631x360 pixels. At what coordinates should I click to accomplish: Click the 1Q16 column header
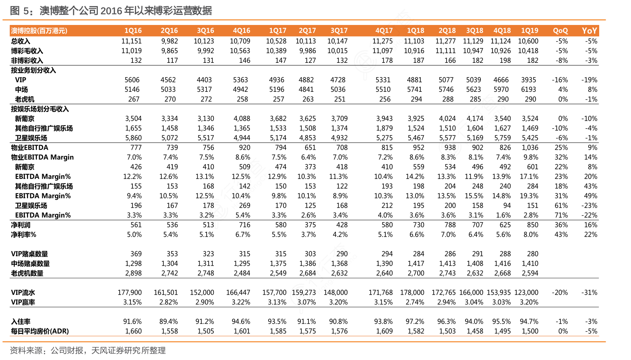click(133, 31)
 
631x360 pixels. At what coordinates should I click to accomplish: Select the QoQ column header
click(560, 31)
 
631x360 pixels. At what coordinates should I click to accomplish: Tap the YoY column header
click(589, 31)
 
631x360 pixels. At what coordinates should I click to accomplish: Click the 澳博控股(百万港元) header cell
click(39, 31)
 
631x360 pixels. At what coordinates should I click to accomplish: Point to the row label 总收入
click(21, 41)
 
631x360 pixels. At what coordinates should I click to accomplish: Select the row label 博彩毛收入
click(27, 51)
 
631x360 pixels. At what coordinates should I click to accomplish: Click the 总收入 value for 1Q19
click(528, 41)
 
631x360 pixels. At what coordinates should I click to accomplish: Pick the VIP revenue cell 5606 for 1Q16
click(132, 80)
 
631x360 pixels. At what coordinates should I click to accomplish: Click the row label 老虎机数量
click(27, 273)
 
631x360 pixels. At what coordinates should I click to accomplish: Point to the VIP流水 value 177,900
click(130, 292)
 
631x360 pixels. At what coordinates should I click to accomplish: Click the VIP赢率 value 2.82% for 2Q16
click(168, 302)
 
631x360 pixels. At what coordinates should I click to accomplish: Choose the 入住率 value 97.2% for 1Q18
click(415, 321)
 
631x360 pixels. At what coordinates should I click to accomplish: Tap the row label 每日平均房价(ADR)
click(40, 331)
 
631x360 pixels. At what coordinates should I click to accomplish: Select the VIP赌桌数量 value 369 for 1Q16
click(136, 254)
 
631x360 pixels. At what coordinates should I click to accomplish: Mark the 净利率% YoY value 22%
click(591, 234)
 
